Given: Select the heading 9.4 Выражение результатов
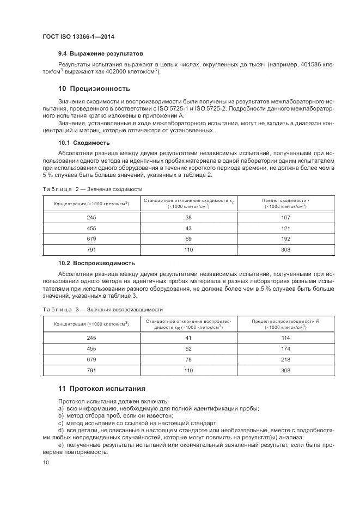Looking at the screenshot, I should point(100,54).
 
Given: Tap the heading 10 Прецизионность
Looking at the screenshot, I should point(94,88).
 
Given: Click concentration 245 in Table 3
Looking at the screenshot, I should point(91,338).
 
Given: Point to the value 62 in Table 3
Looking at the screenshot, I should point(189,348).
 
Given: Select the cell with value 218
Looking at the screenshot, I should point(286,359).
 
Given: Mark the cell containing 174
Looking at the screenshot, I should point(286,348).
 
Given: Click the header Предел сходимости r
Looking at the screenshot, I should point(286,201).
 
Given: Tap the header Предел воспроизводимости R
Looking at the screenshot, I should point(286,321).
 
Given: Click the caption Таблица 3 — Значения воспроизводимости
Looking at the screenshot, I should point(103,309).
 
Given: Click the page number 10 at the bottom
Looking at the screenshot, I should point(46,463).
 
